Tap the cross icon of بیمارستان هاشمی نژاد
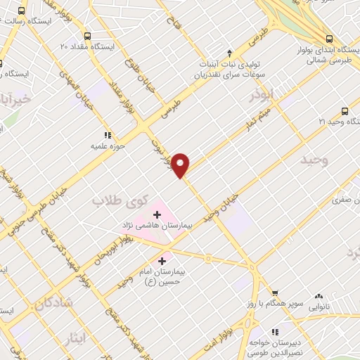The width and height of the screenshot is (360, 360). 156,213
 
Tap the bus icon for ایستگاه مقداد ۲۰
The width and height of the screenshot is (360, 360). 87,36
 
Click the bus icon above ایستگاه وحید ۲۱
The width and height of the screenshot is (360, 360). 345,111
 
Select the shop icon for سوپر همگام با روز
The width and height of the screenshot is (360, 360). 276,295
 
